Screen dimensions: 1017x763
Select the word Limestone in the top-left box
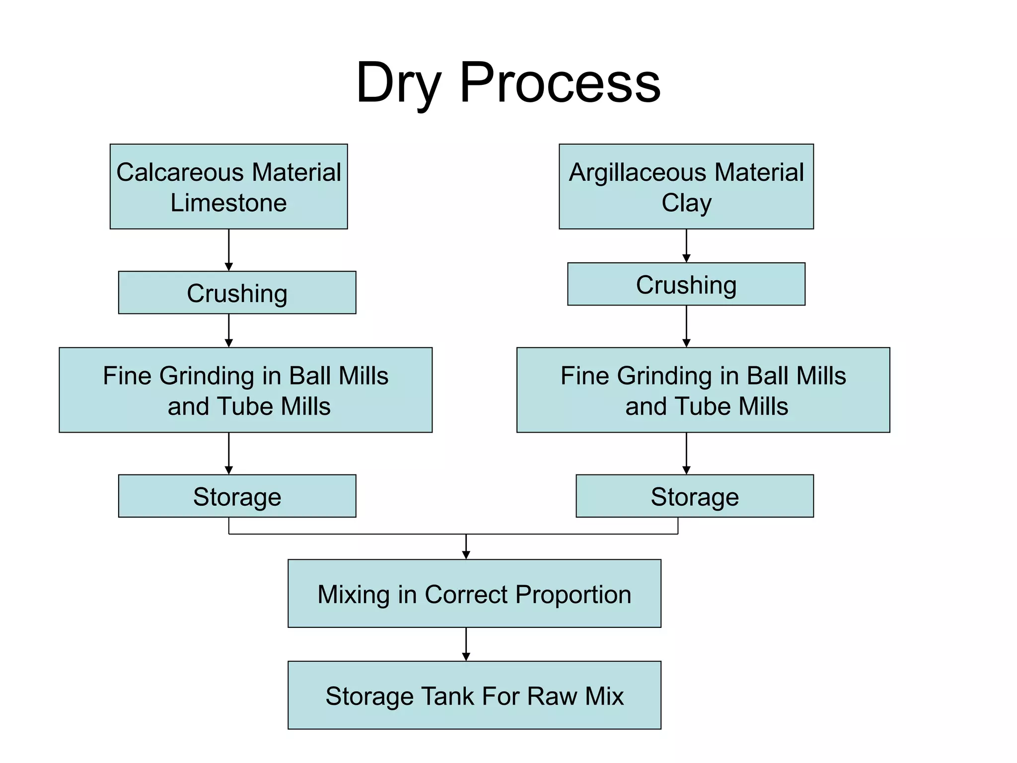coord(228,203)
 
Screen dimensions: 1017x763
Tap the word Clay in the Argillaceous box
coord(686,203)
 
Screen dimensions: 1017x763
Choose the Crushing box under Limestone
coord(237,293)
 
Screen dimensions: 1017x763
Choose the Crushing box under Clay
coord(686,284)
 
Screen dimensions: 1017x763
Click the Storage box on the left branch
coord(237,496)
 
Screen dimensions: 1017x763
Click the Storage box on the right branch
coord(694,496)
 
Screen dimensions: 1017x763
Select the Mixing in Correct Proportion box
coord(474,594)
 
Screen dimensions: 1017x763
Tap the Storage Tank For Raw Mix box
coord(474,695)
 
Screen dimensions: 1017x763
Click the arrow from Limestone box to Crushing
coord(228,249)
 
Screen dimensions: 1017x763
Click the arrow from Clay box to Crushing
coord(686,245)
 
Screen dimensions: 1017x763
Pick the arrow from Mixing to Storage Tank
coord(466,644)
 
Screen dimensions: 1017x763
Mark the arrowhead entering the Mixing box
coord(466,555)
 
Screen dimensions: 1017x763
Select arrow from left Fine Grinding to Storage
coord(228,453)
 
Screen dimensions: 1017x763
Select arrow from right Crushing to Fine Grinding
coord(686,326)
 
